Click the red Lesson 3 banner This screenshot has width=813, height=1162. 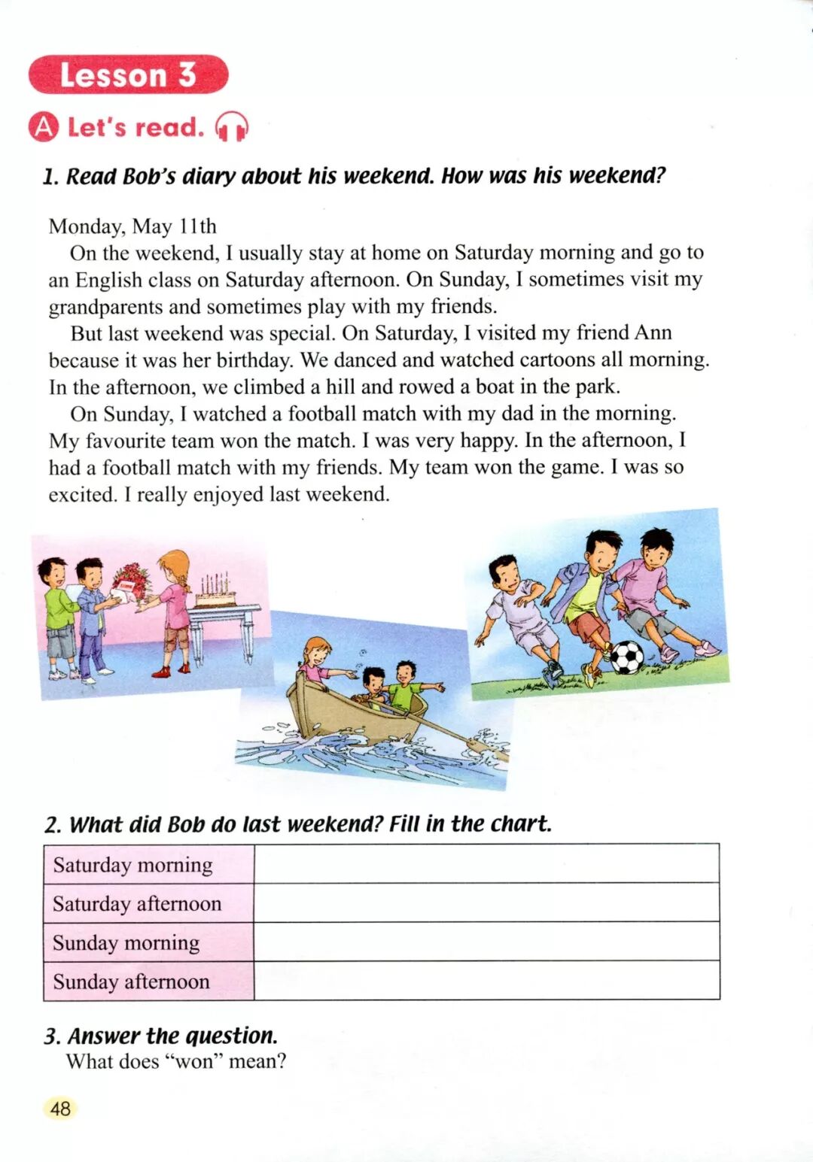point(128,74)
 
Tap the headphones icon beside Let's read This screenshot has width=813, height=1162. point(232,127)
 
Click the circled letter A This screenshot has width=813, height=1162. point(44,127)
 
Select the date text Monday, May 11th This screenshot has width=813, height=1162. point(132,226)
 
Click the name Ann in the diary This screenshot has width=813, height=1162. point(653,332)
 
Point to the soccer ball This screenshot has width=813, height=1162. point(626,657)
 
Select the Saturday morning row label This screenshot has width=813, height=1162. point(133,865)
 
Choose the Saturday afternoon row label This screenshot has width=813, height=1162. point(137,903)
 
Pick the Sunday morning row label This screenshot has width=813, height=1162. point(126,942)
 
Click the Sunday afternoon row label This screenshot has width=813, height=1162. point(132,981)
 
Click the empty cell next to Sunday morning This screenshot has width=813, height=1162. point(486,942)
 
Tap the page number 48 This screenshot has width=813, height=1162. point(60,1108)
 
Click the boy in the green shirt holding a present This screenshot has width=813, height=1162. point(56,613)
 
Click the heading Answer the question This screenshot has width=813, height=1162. point(172,1036)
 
